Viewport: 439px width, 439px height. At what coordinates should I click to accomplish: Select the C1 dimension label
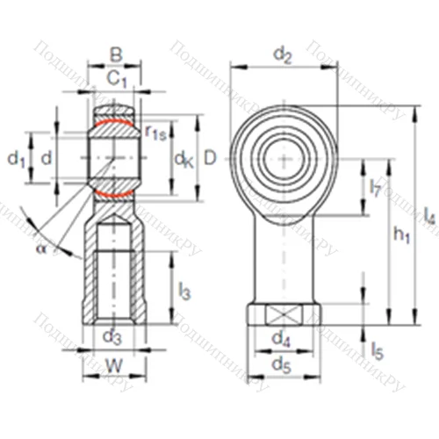(x=116, y=79)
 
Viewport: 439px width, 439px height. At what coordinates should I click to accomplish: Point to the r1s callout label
(x=155, y=133)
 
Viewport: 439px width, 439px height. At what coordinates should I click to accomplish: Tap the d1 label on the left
(x=15, y=158)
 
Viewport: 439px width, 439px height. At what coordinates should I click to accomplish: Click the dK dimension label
(x=183, y=159)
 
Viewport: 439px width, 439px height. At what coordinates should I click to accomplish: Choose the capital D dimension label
(x=209, y=158)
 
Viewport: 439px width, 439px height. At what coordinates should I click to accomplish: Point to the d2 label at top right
(x=282, y=55)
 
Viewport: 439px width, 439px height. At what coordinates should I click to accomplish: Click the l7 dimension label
(x=375, y=187)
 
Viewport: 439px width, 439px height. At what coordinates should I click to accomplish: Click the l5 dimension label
(x=376, y=352)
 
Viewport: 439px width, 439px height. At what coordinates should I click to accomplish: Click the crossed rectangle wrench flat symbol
(x=282, y=314)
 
